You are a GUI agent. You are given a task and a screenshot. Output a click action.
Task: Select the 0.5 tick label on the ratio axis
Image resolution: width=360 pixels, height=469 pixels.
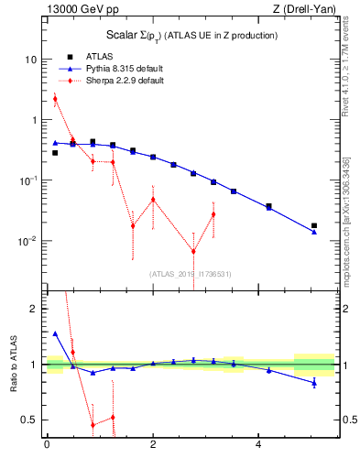(31, 420)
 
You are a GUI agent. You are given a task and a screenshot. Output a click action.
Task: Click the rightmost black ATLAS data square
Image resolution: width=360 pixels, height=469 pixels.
(314, 225)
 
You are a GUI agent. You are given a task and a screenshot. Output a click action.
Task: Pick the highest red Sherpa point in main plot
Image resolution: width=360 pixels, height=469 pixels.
(55, 99)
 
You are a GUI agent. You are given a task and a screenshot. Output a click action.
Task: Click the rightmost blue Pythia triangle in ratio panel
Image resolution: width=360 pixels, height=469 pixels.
(314, 381)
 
